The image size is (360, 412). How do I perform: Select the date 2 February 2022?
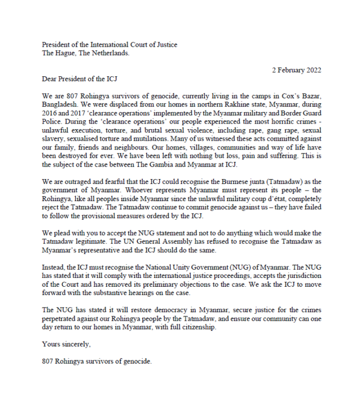[x=296, y=70]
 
